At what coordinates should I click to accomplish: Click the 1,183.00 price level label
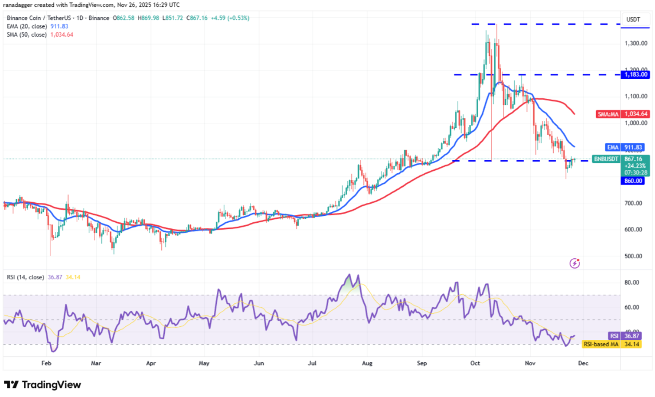[x=636, y=74]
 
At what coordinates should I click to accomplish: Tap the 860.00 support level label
[x=633, y=181]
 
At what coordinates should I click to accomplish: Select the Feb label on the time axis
[x=47, y=362]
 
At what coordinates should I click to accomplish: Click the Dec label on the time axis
[x=582, y=362]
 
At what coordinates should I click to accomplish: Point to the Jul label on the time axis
[x=312, y=362]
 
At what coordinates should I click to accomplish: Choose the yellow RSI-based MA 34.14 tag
[x=610, y=344]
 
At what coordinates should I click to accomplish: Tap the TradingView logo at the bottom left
[x=43, y=384]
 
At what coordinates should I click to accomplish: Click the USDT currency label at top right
[x=633, y=19]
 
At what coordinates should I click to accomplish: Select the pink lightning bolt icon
[x=575, y=263]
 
